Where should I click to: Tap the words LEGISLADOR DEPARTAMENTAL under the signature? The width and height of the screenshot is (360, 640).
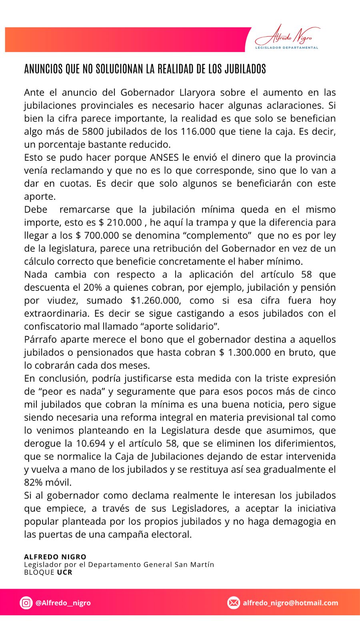point(287,48)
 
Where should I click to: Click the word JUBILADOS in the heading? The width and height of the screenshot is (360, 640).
point(245,69)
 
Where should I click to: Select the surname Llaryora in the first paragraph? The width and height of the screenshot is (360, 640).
point(197,92)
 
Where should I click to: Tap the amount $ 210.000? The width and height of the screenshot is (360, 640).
point(120,222)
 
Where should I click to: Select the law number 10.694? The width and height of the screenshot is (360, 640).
point(91,443)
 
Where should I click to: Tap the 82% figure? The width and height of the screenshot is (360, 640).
point(33,482)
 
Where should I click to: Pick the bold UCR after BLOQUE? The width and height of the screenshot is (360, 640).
point(64,572)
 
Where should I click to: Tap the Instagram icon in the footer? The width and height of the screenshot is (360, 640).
point(26,602)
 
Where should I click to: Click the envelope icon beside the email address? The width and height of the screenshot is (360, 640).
point(234,602)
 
